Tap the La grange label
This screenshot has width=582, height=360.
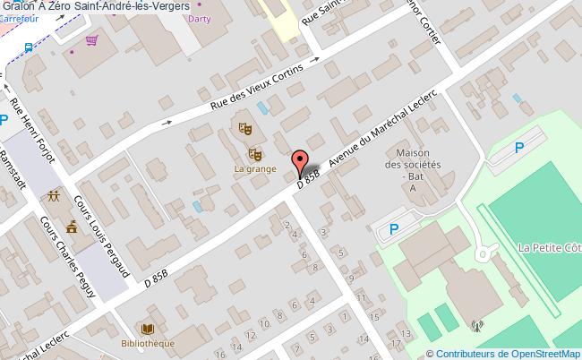pyautogui.click(x=255, y=168)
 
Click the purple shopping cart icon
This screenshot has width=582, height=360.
pyautogui.click(x=91, y=41)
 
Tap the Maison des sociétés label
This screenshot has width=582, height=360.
pyautogui.click(x=413, y=164)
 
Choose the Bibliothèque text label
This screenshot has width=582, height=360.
pyautogui.click(x=149, y=342)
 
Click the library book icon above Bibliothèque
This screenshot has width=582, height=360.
pyautogui.click(x=148, y=329)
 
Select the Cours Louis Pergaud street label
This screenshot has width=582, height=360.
pyautogui.click(x=103, y=235)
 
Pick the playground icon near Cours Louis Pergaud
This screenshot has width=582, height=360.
pyautogui.click(x=56, y=195)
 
